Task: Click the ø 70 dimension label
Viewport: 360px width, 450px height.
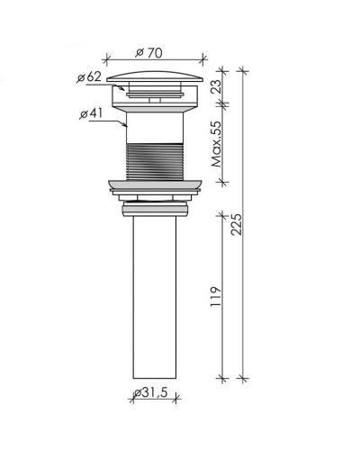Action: pyautogui.click(x=148, y=53)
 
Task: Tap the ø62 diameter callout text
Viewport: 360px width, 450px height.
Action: pyautogui.click(x=89, y=77)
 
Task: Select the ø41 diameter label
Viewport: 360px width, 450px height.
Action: pyautogui.click(x=91, y=113)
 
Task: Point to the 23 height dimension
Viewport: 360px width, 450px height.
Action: pyautogui.click(x=218, y=86)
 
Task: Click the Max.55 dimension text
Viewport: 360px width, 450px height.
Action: pyautogui.click(x=218, y=144)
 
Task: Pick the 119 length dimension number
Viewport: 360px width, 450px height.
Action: pyautogui.click(x=216, y=296)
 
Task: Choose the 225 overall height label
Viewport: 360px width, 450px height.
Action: pyautogui.click(x=236, y=224)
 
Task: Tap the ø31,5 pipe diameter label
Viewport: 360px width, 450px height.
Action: pyautogui.click(x=151, y=392)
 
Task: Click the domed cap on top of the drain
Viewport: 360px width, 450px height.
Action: pyautogui.click(x=155, y=76)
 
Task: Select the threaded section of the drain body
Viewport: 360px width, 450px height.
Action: pyautogui.click(x=155, y=162)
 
